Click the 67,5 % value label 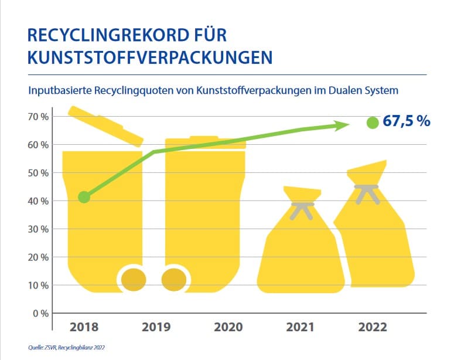coord(407,122)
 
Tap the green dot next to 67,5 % coord(372,123)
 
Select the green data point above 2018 coord(84,197)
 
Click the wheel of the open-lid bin coord(134,279)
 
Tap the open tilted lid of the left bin coord(105,125)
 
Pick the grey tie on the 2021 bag coord(302,209)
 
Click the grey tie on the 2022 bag coord(367,191)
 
